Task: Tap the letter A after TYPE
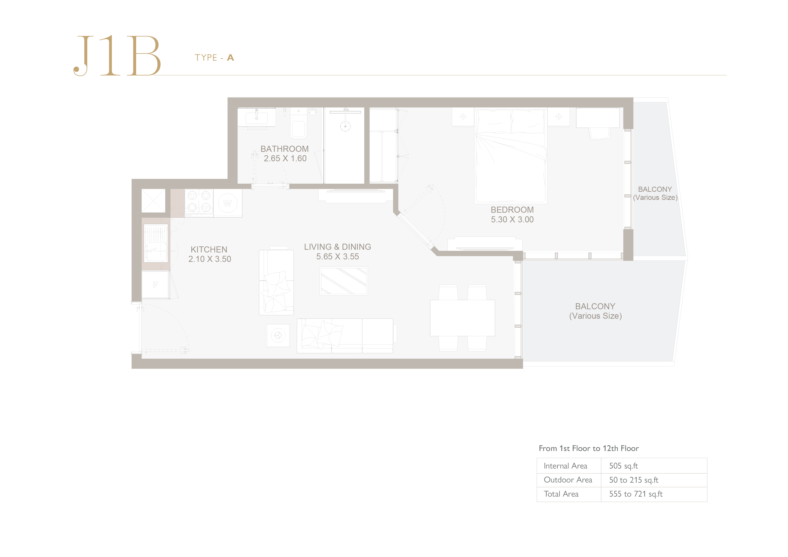click(231, 58)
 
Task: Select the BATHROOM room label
click(285, 149)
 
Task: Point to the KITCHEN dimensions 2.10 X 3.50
click(210, 259)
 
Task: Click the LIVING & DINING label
click(337, 247)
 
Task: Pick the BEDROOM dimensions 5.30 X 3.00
click(512, 220)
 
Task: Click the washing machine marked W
click(228, 203)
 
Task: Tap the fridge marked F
click(155, 285)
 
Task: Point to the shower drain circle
click(345, 126)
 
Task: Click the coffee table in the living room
click(343, 281)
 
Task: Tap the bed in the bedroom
click(511, 156)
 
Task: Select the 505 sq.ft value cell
click(623, 466)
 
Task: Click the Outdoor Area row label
click(568, 480)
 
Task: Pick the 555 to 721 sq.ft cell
click(636, 494)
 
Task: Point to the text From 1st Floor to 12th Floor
click(589, 448)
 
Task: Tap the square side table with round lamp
click(278, 335)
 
